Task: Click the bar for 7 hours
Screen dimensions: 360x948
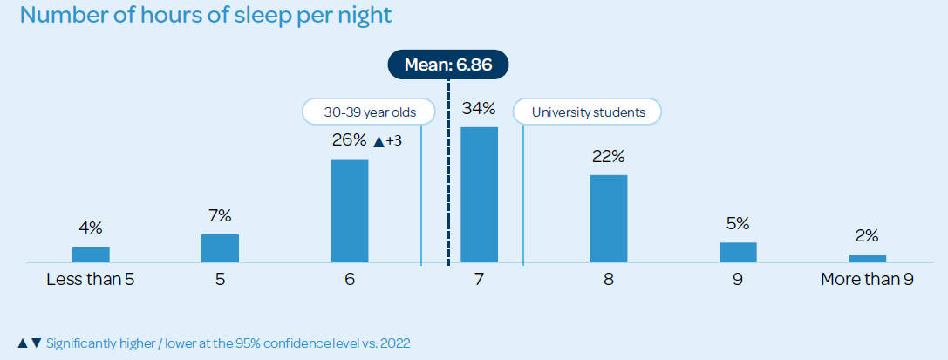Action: [479, 194]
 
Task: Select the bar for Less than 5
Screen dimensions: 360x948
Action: [91, 254]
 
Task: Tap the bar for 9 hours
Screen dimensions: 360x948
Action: [738, 252]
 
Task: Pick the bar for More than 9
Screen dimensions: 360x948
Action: [867, 258]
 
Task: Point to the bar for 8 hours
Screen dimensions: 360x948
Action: [608, 218]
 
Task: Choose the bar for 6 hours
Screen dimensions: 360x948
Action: [350, 210]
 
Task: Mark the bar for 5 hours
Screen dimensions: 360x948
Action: [220, 248]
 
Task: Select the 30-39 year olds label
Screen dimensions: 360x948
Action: [371, 112]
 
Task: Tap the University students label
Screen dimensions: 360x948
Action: [586, 112]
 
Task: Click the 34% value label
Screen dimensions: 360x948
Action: [479, 109]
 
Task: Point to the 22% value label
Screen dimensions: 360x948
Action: [608, 157]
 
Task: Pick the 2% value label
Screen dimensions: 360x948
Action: [867, 235]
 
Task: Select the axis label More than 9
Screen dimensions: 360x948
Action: [867, 280]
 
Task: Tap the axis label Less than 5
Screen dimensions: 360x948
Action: [91, 280]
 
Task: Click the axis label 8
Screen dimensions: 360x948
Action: [608, 280]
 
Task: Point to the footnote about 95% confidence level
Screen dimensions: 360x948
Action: [214, 343]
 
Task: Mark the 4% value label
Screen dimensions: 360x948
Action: [91, 228]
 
